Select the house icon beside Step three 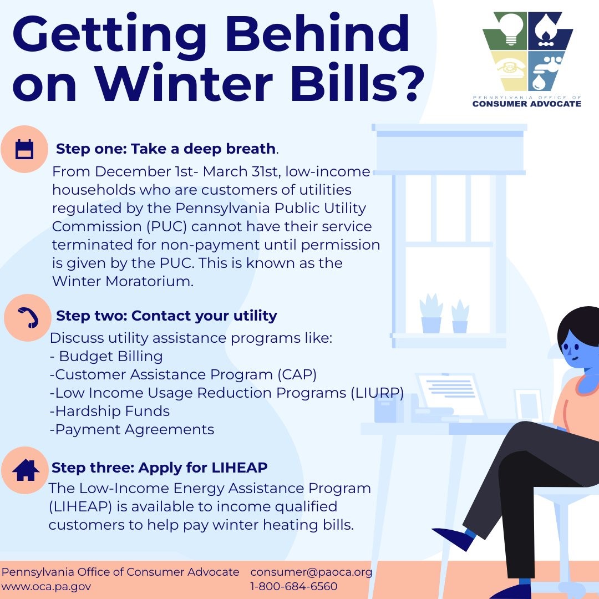coord(26,470)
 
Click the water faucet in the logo coord(546,69)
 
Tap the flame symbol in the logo coord(548,31)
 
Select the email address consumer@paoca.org coord(311,572)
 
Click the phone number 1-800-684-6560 coord(294,586)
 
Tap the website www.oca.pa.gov coord(46,586)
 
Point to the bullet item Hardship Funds coord(110,411)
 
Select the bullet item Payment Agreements coord(132,429)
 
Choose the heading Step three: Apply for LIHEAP coord(160,468)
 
